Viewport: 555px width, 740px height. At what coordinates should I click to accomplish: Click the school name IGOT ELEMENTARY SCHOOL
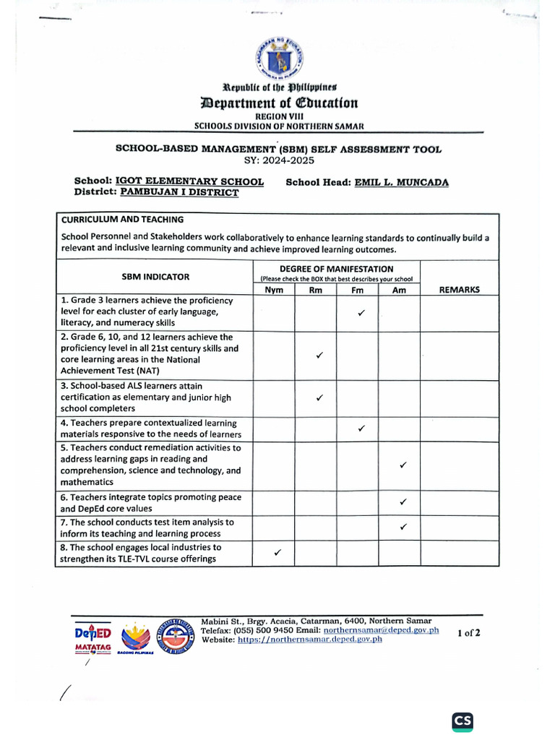[x=190, y=182]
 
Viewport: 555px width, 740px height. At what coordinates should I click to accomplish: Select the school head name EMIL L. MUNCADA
[x=401, y=183]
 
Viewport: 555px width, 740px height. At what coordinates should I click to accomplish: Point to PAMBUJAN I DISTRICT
[x=179, y=193]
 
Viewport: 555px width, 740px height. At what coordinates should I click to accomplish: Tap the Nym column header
[x=274, y=290]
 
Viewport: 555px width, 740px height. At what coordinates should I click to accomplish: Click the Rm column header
[x=316, y=290]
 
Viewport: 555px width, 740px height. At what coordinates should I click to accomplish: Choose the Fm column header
[x=358, y=290]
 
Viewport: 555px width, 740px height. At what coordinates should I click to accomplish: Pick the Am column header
[x=400, y=290]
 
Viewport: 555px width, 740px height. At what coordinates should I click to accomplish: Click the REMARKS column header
[x=459, y=290]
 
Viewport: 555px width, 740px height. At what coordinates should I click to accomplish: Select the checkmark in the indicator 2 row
[x=319, y=356]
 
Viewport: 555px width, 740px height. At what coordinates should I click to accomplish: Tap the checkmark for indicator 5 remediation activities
[x=403, y=465]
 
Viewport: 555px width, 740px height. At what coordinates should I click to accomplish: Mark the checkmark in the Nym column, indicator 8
[x=277, y=553]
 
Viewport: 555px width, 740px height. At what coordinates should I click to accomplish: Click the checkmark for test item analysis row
[x=403, y=527]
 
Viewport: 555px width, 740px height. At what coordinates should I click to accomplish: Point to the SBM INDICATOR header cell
[x=155, y=277]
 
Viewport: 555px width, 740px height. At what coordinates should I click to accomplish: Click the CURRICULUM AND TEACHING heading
[x=122, y=220]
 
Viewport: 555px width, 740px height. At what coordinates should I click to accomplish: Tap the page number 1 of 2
[x=469, y=633]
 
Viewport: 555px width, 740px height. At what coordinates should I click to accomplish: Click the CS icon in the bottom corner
[x=462, y=721]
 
